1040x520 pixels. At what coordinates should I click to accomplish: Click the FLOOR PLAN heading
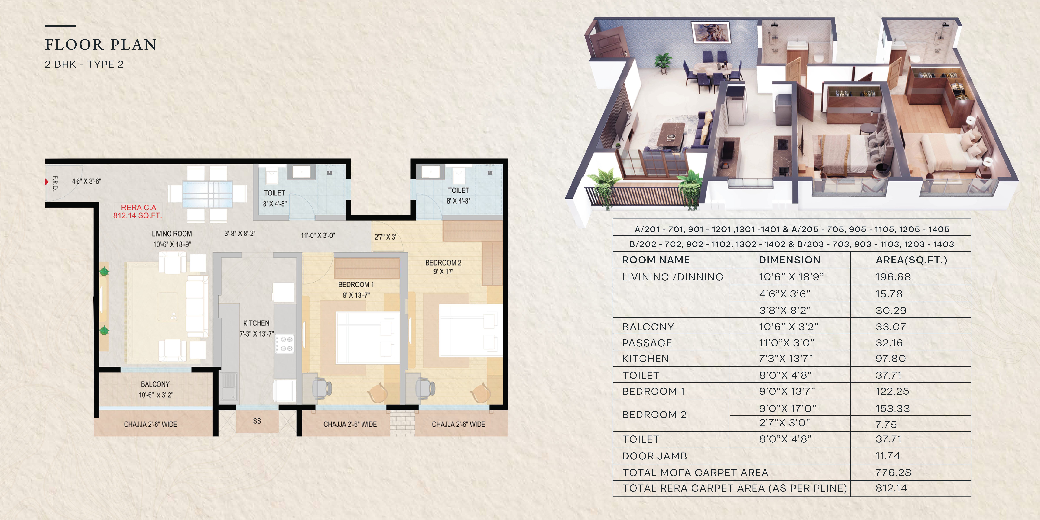[x=101, y=44]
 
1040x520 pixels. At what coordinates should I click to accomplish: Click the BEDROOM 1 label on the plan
[x=356, y=285]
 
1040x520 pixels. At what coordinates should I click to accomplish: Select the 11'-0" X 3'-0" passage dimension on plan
[x=318, y=235]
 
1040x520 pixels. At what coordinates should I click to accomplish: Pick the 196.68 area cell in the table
[x=893, y=277]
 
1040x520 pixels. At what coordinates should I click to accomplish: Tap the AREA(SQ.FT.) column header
[x=911, y=260]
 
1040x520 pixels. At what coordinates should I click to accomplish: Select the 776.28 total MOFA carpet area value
[x=893, y=472]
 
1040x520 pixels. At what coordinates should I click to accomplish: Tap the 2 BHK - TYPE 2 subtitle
[x=84, y=64]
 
